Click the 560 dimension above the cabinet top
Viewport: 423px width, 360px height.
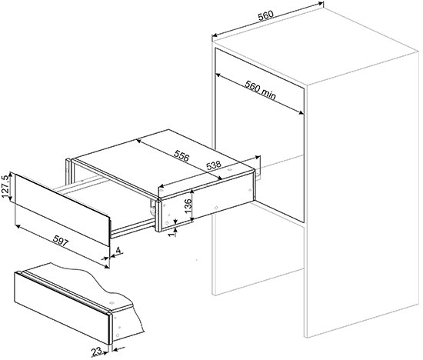(x=266, y=15)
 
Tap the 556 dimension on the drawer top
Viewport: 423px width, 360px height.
(x=182, y=155)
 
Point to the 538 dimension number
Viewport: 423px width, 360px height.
(x=213, y=165)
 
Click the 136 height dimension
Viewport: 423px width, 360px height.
(x=188, y=205)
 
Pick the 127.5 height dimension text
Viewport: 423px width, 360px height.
(x=5, y=186)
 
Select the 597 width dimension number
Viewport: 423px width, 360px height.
(x=61, y=241)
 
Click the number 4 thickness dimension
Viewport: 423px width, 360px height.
(x=118, y=250)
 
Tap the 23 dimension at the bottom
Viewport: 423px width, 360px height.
(x=97, y=351)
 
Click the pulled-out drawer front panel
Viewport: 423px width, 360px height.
(x=62, y=210)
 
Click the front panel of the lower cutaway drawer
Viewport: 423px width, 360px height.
(x=62, y=308)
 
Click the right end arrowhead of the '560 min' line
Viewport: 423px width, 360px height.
(x=301, y=113)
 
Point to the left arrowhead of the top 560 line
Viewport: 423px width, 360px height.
(x=215, y=35)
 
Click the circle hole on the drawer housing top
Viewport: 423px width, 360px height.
(x=230, y=170)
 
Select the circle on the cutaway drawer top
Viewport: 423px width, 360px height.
(x=112, y=303)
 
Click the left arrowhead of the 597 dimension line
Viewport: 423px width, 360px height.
(x=18, y=225)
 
